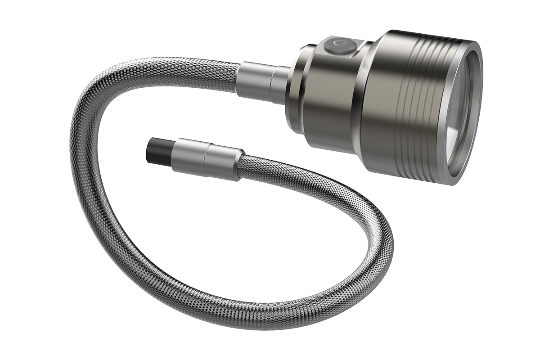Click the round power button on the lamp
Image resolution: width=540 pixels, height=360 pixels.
(337, 46)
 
